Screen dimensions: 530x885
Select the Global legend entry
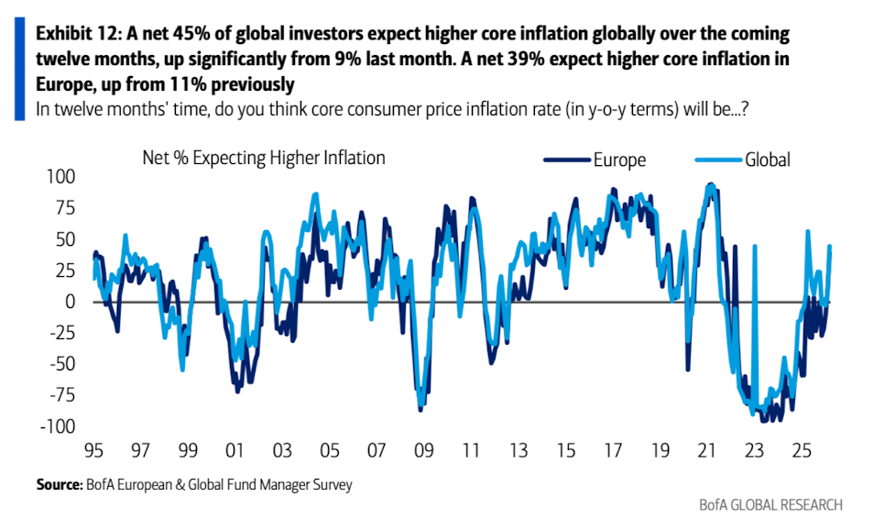pos(767,160)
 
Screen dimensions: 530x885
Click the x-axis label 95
pos(93,452)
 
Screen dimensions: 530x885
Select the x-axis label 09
pos(422,452)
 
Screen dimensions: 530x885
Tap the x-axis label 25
pos(801,452)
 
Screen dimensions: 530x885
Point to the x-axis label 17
pos(611,452)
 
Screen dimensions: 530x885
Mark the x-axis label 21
pos(706,452)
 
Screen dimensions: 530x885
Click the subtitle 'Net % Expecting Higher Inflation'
pos(264,158)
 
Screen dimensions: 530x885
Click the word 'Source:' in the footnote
pos(60,484)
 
